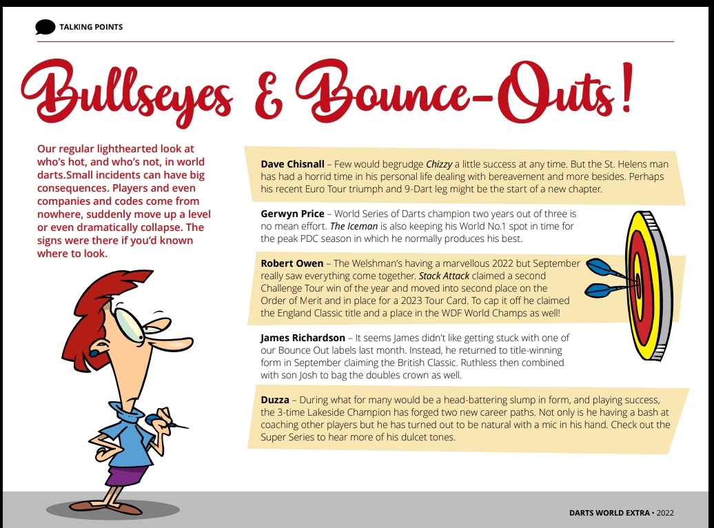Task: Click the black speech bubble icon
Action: click(x=45, y=27)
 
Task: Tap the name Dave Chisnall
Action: click(x=292, y=164)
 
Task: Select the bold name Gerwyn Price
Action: click(x=292, y=214)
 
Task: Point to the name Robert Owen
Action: click(x=292, y=263)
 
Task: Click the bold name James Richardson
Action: click(x=303, y=338)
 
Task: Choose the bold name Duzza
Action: click(x=275, y=400)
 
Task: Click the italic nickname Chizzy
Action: click(x=439, y=164)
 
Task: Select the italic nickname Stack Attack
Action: click(x=448, y=276)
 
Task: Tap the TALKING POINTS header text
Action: click(x=91, y=27)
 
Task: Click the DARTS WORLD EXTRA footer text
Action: click(x=609, y=513)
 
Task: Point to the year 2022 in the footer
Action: click(x=665, y=513)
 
